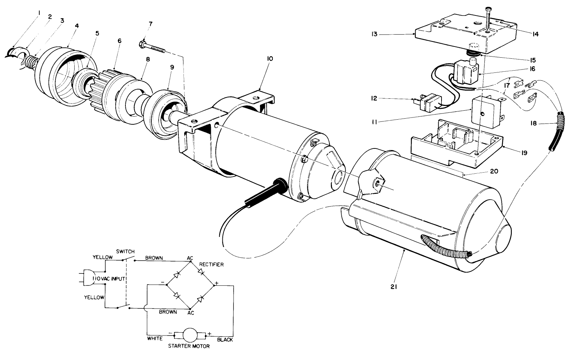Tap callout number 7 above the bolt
[151, 24]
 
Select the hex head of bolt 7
[142, 45]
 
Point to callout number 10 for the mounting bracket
[270, 58]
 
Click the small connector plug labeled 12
[427, 102]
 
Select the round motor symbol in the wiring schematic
[190, 335]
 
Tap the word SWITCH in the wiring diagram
[125, 251]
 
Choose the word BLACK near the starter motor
[225, 340]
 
